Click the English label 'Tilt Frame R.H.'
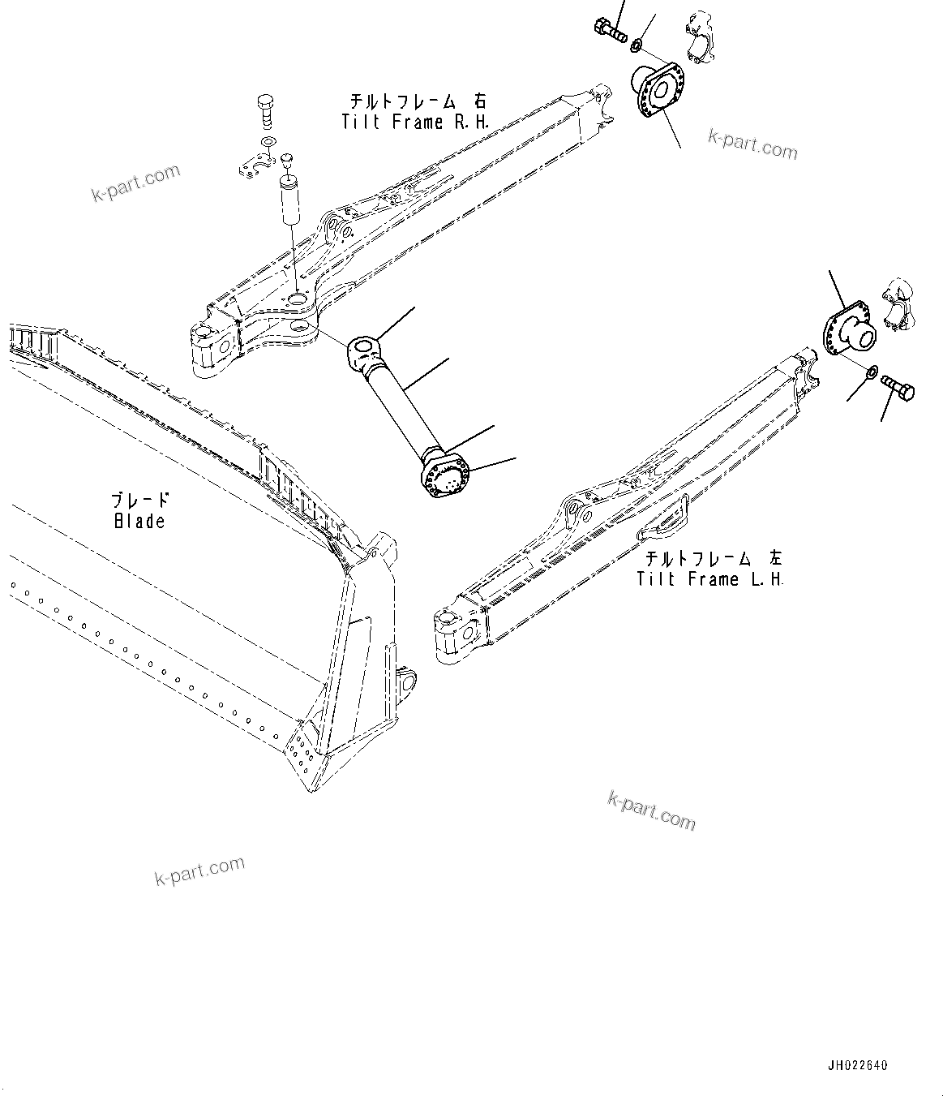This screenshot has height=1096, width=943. (x=414, y=122)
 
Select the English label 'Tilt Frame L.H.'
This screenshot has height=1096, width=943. (x=710, y=579)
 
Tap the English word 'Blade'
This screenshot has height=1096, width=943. (x=139, y=521)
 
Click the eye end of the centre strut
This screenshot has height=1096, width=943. (x=362, y=351)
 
